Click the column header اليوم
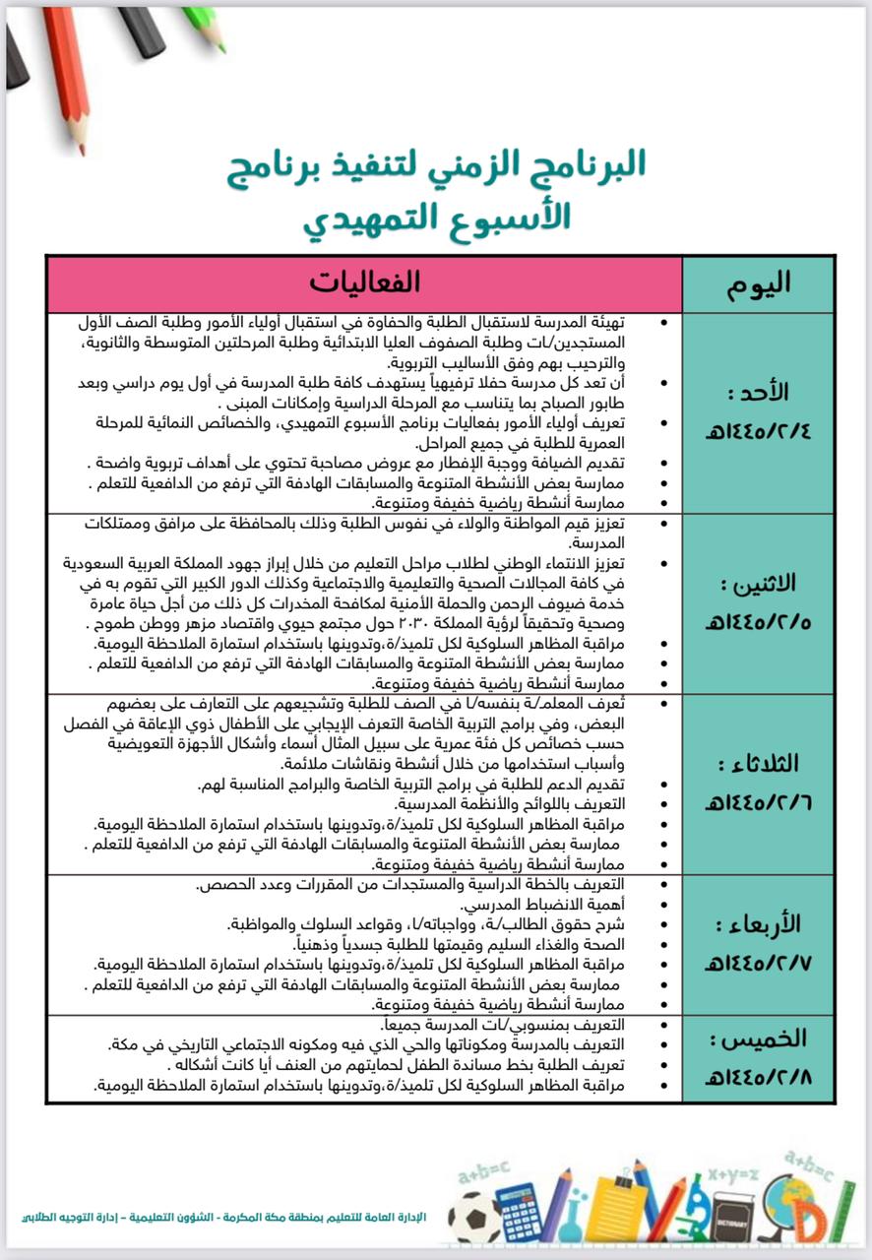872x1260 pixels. coord(758,284)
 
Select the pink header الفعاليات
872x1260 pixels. coord(364,283)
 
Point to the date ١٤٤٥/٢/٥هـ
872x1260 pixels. coord(758,622)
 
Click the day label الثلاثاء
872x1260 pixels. coord(759,765)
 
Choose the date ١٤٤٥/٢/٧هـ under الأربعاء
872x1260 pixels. coord(758,961)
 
